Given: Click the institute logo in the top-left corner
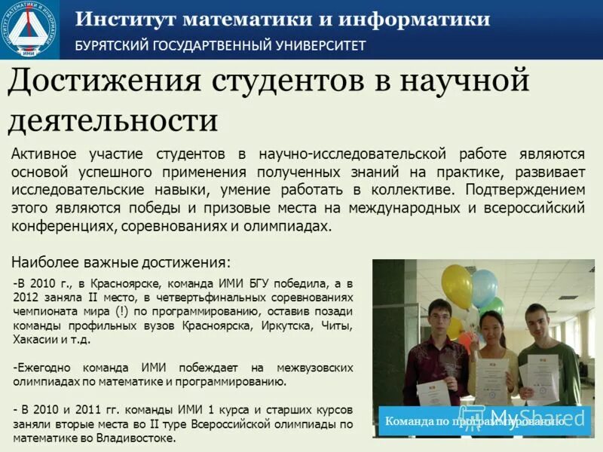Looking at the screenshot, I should point(29,29).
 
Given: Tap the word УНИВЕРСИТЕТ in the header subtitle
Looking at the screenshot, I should point(320,45).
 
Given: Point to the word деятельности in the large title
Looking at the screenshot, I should point(113,121).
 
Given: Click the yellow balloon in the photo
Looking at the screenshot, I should point(457,286).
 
